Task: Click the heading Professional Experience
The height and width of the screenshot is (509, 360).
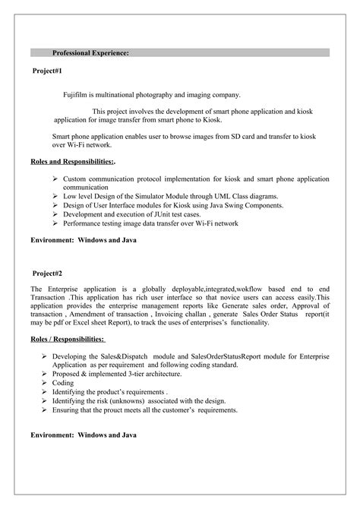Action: click(90, 53)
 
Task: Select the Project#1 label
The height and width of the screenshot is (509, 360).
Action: click(47, 70)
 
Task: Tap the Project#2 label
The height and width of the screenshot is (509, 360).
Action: click(47, 273)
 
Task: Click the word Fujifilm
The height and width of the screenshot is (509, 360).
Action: click(77, 95)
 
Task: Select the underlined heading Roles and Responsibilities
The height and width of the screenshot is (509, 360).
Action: click(71, 162)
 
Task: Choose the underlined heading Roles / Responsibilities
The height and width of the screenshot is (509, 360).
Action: click(68, 339)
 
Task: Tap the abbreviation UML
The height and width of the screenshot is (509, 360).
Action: click(223, 195)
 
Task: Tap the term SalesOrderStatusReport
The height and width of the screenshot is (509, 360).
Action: click(226, 356)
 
